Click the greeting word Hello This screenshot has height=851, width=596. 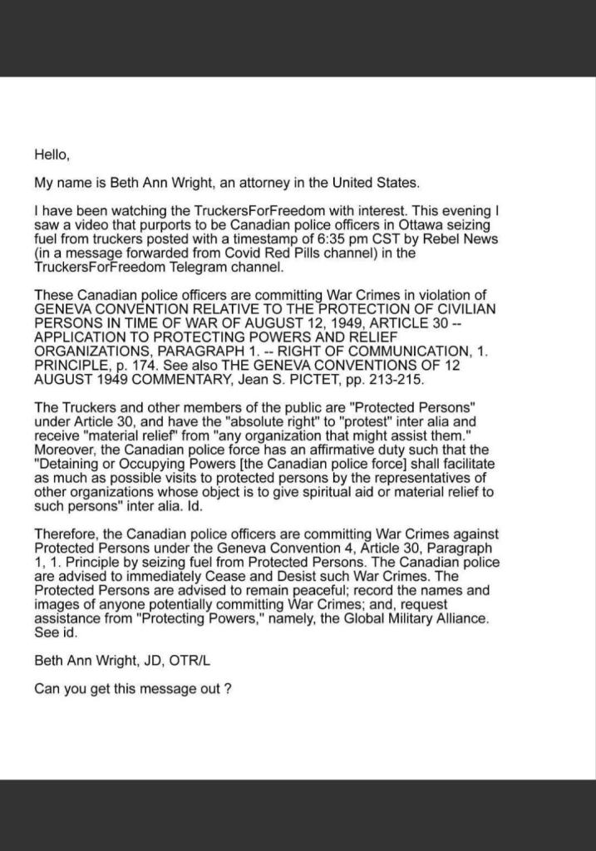(51, 154)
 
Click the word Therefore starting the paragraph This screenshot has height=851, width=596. (66, 534)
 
